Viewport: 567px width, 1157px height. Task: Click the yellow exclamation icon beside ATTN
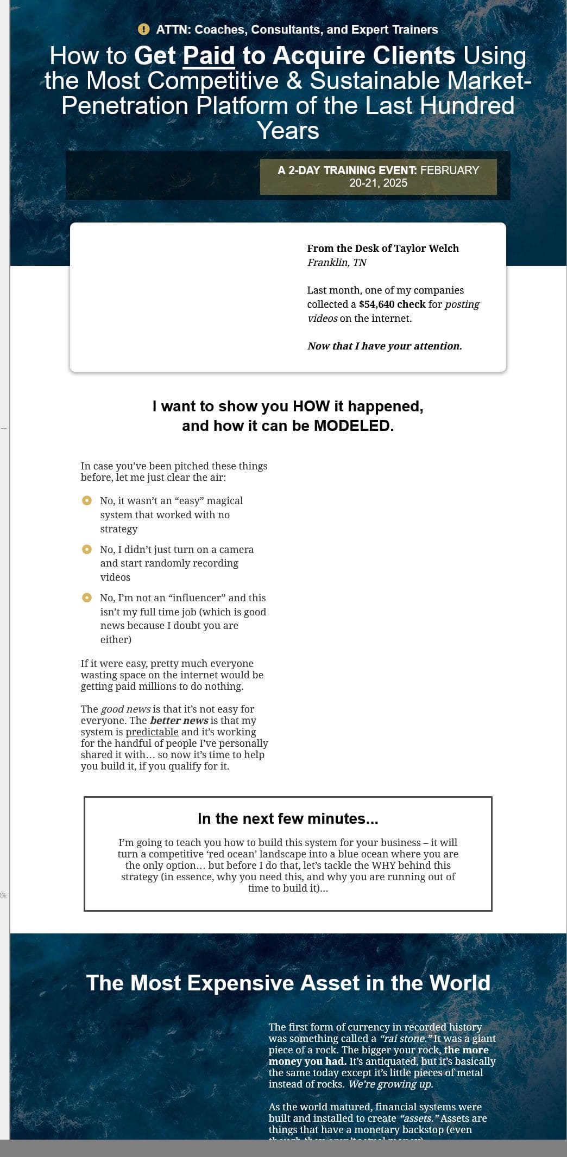tap(143, 29)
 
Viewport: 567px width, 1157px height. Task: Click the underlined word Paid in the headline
tap(209, 56)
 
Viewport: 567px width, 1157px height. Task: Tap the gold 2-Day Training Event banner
tap(378, 176)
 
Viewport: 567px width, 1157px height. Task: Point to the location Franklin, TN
tap(337, 263)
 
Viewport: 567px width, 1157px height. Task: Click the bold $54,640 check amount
tap(392, 304)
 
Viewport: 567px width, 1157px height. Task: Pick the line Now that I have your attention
tap(385, 346)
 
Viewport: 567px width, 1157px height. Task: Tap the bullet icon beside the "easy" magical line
tap(87, 500)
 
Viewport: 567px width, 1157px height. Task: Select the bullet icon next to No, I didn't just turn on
tap(87, 549)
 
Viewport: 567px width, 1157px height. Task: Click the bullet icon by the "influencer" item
tap(87, 597)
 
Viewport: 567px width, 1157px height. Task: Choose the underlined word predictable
tap(152, 732)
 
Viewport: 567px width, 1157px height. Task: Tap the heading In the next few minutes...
tap(288, 818)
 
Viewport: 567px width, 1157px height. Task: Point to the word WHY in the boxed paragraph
tap(383, 865)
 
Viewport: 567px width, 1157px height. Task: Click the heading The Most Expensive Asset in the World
tap(288, 983)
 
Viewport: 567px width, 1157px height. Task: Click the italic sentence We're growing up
tap(390, 1084)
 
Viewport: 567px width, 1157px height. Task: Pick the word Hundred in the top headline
tap(467, 105)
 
